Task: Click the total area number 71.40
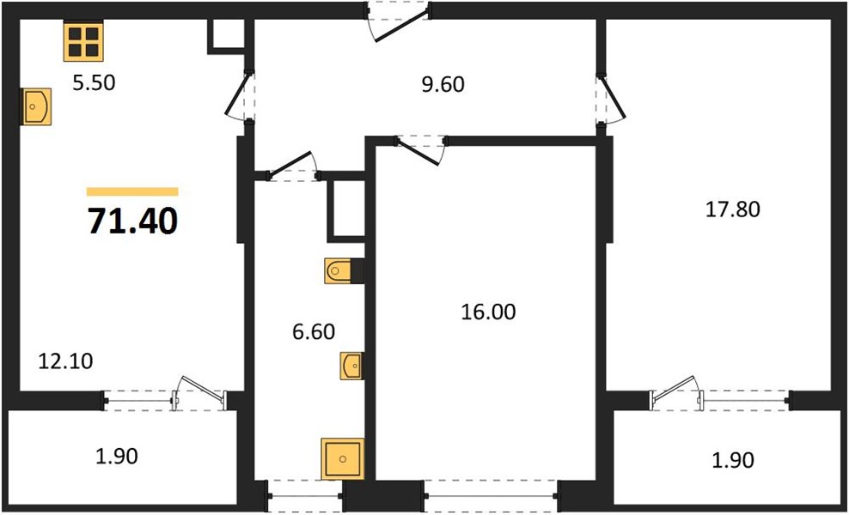pyautogui.click(x=132, y=221)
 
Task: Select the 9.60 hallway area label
pyautogui.click(x=443, y=84)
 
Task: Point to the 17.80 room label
pyautogui.click(x=733, y=209)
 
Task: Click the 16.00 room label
pyautogui.click(x=488, y=312)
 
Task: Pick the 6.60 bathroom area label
pyautogui.click(x=314, y=331)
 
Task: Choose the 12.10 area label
pyautogui.click(x=65, y=360)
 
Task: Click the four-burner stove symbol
pyautogui.click(x=83, y=41)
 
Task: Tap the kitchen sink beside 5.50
pyautogui.click(x=37, y=106)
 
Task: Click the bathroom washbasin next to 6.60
pyautogui.click(x=351, y=366)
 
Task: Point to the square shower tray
pyautogui.click(x=342, y=458)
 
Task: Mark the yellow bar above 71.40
pyautogui.click(x=132, y=191)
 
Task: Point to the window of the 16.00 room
pyautogui.click(x=492, y=495)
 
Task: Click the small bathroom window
pyautogui.click(x=305, y=495)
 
